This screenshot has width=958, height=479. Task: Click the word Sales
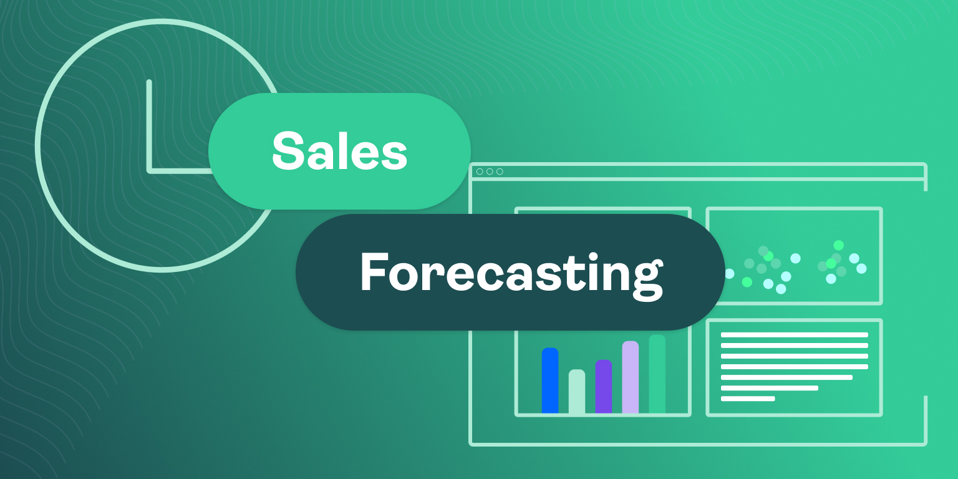click(x=339, y=151)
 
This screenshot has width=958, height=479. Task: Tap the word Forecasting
click(x=510, y=273)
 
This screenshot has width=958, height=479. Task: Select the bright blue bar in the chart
click(x=550, y=380)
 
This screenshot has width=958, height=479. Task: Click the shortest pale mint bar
click(x=577, y=392)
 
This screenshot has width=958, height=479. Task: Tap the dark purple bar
click(x=604, y=387)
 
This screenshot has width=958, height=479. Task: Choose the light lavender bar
click(x=631, y=377)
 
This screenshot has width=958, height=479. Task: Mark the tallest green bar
click(x=657, y=374)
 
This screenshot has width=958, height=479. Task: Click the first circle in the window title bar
click(x=480, y=172)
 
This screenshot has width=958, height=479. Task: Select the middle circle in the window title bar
click(x=490, y=172)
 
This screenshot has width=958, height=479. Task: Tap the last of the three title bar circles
click(x=500, y=172)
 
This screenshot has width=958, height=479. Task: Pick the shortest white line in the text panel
click(x=748, y=399)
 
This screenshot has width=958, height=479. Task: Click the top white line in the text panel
click(x=794, y=335)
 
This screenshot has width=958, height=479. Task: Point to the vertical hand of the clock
click(x=149, y=125)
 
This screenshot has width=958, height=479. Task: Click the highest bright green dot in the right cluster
click(x=838, y=245)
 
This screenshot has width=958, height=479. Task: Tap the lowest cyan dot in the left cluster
click(x=781, y=289)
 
